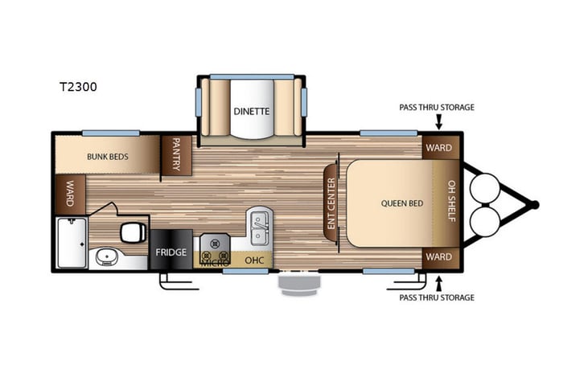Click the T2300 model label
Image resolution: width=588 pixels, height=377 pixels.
click(77, 87)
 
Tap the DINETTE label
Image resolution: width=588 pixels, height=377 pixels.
click(251, 111)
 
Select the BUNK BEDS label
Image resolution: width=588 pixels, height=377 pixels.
click(109, 156)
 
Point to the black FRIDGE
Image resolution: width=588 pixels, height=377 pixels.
click(171, 251)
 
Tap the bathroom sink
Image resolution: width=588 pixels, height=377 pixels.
click(106, 258)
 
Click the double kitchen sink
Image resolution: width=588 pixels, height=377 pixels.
click(258, 228)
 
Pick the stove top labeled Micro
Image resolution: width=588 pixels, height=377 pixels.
click(214, 247)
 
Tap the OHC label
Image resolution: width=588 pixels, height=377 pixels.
click(253, 260)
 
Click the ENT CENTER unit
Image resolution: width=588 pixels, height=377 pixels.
click(330, 202)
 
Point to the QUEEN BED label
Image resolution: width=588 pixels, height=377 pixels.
click(401, 203)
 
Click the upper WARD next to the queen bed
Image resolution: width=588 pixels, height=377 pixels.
click(438, 148)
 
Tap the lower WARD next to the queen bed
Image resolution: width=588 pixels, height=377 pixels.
click(438, 258)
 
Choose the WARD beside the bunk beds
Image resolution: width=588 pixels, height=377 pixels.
click(70, 194)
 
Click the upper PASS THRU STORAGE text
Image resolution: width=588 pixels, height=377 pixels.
click(437, 107)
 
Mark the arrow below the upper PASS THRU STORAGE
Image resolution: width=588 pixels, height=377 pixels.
click(439, 121)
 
